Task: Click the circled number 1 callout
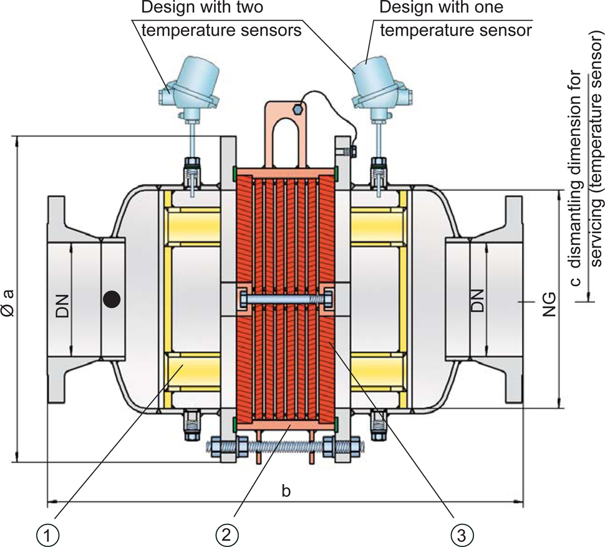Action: coord(49,533)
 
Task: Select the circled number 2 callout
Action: coord(226,533)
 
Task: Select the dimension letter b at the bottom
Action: coord(286,490)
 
